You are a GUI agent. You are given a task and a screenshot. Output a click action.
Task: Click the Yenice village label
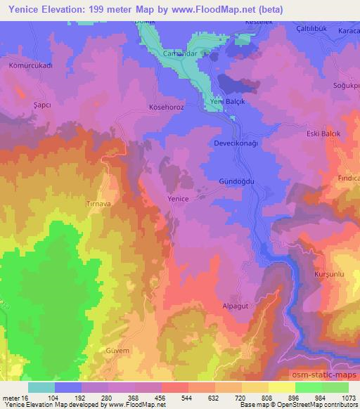tap(178, 199)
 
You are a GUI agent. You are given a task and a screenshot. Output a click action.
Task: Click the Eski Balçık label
tap(324, 134)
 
